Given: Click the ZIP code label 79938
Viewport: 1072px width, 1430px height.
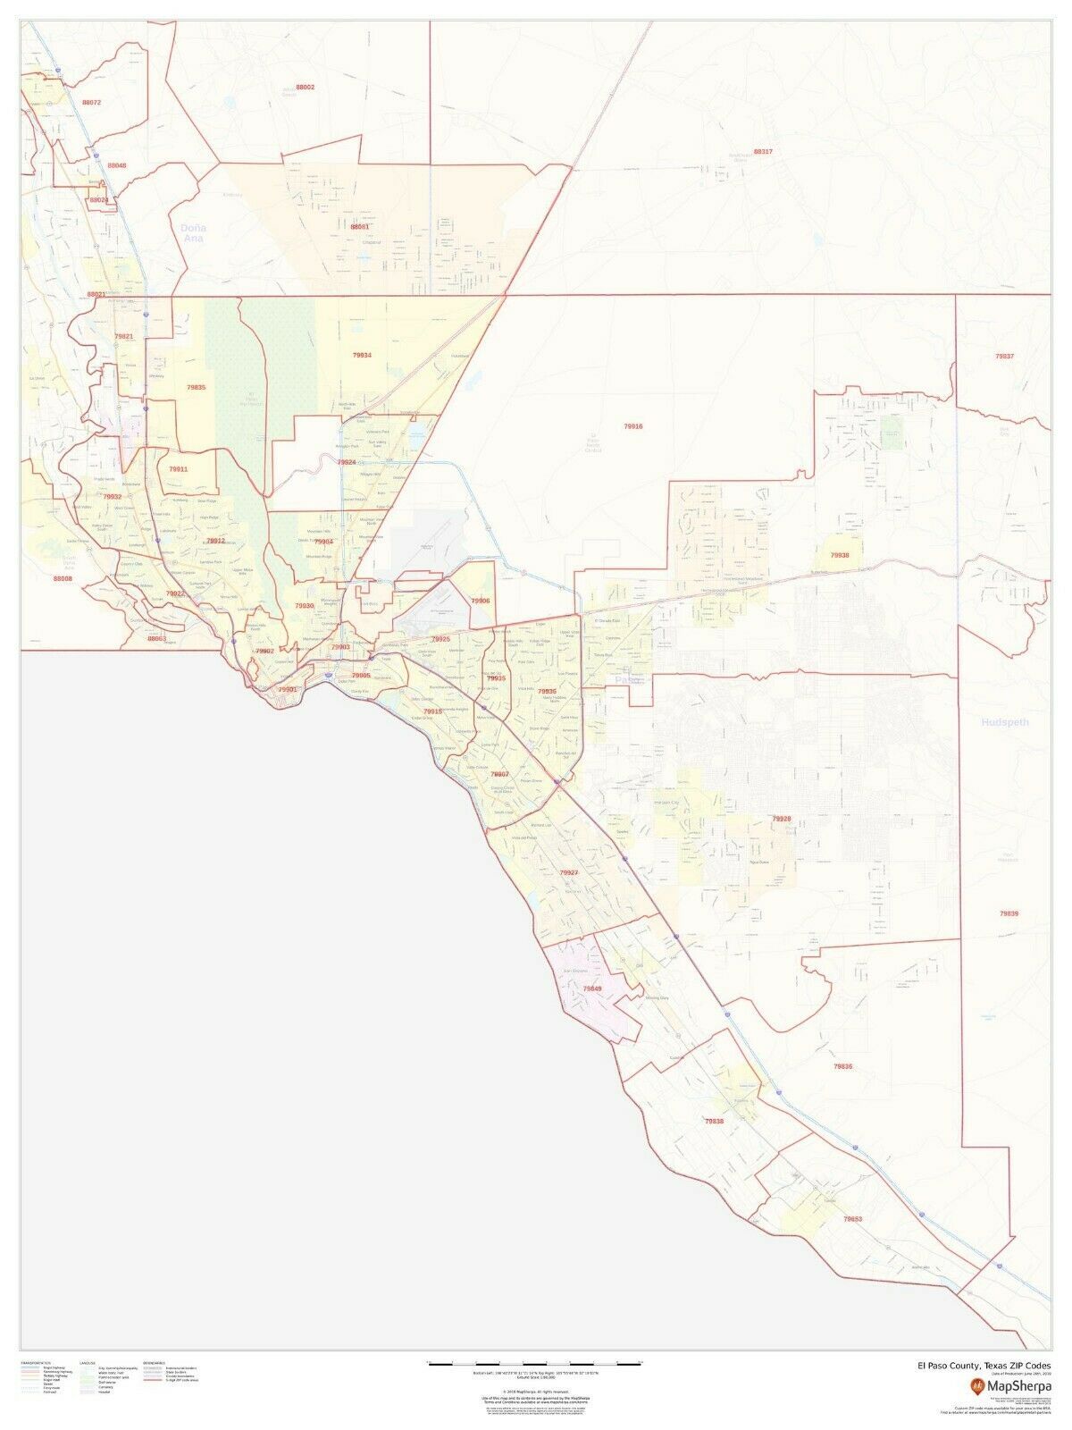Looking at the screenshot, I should (840, 555).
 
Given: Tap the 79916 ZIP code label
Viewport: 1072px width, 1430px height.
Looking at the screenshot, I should (632, 426).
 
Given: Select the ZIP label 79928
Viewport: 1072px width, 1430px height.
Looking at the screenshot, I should (781, 818).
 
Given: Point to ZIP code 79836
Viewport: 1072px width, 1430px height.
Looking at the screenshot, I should (842, 1066).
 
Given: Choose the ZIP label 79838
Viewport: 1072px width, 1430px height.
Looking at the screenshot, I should (714, 1121).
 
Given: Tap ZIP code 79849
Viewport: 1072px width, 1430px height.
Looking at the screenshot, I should (592, 988).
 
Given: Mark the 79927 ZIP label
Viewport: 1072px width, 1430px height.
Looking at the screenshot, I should (569, 871).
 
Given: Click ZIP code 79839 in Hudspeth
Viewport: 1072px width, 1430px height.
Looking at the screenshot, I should (1008, 913).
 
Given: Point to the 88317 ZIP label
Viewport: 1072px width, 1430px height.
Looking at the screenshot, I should (762, 151).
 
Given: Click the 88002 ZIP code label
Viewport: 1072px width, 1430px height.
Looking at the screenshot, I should (305, 87).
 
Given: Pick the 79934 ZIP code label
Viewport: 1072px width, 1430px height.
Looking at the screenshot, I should (362, 355).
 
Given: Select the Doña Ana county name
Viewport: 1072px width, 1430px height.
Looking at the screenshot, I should (193, 232).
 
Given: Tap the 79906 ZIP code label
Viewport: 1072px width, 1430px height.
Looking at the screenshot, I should (481, 601).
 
